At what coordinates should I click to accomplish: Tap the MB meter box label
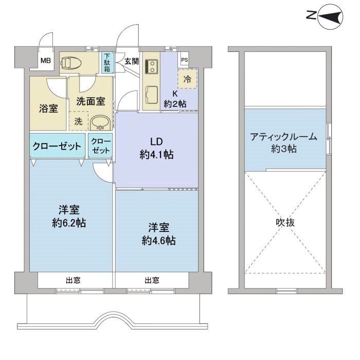tap(46, 61)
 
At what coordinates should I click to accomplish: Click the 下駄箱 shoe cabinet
tap(107, 62)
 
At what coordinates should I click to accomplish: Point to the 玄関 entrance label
tap(132, 61)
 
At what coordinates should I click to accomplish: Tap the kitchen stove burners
tap(151, 66)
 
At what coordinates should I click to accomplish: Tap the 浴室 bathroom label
tap(48, 109)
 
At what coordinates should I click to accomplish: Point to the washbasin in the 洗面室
tap(100, 122)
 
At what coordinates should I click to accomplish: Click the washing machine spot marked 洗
tap(78, 121)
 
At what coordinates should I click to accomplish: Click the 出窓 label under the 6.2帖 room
tap(73, 280)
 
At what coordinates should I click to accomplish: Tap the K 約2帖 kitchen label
tap(175, 99)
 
